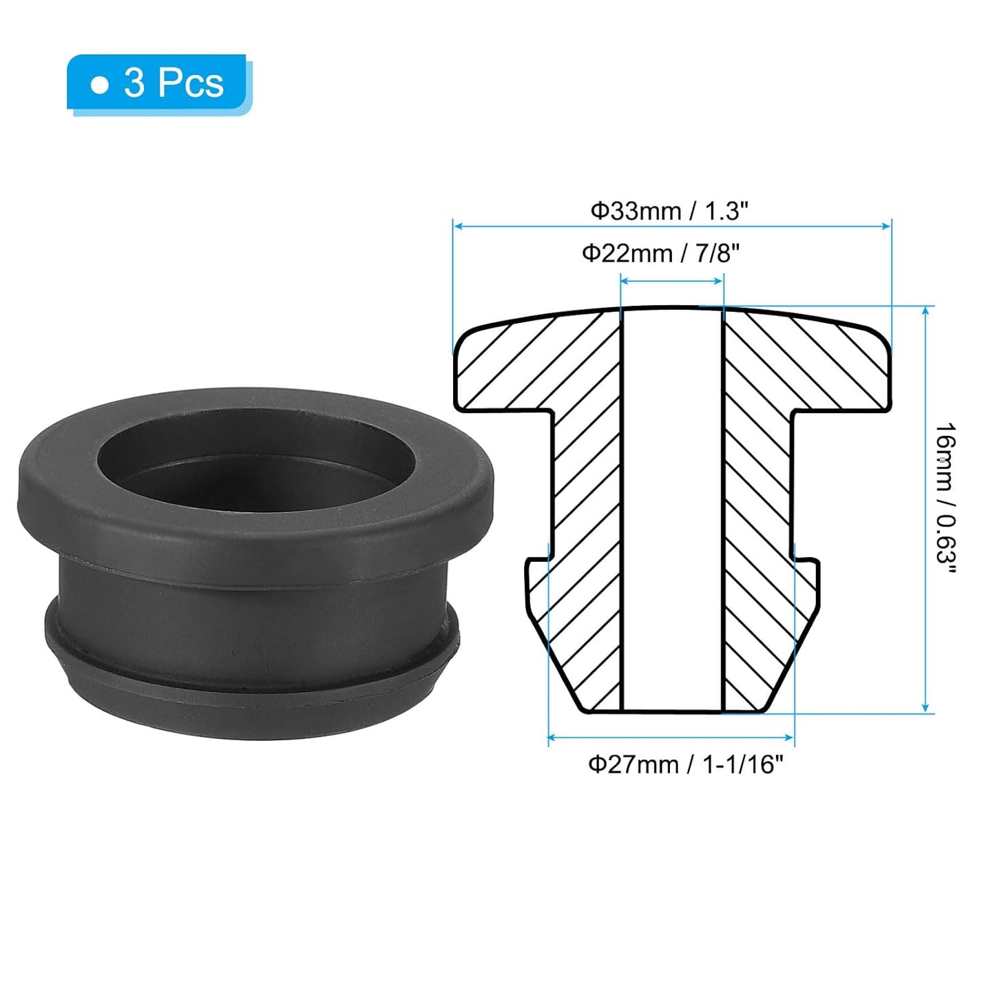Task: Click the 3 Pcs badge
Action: [158, 84]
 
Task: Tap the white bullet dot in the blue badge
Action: [101, 85]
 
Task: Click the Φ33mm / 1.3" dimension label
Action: [669, 211]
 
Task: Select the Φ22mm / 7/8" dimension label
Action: [660, 253]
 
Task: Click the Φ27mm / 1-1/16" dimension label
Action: [685, 764]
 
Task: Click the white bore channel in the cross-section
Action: [672, 510]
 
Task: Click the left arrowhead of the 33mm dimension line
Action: [457, 225]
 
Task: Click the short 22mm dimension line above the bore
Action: [672, 280]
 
